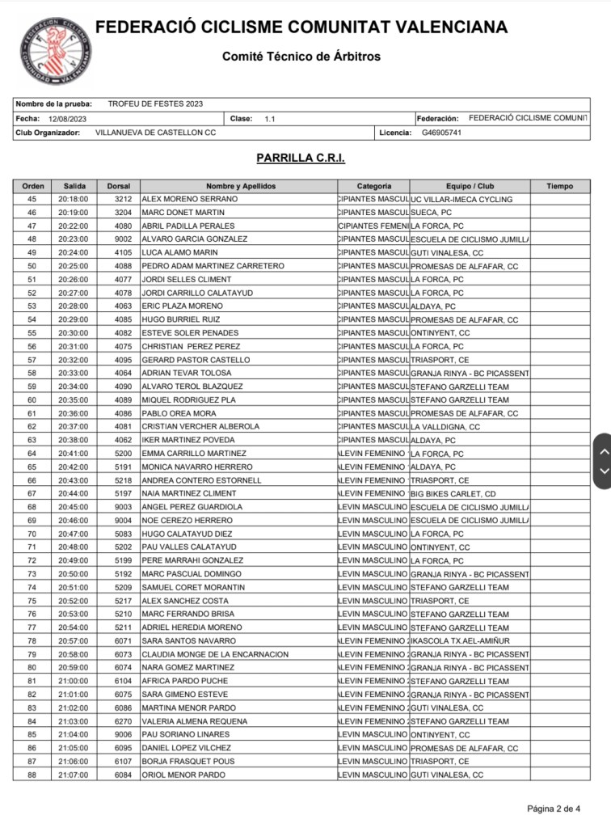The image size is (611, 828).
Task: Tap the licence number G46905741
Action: coord(441,132)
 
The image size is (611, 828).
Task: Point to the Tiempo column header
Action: coord(559,186)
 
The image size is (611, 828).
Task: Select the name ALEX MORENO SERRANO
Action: coord(189,199)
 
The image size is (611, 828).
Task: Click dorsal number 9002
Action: coord(123,239)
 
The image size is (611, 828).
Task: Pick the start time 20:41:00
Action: coord(74,454)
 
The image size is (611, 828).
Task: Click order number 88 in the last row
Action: coord(32,775)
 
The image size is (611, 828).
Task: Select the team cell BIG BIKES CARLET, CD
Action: coord(453,493)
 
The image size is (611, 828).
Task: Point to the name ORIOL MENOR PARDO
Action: coord(183,775)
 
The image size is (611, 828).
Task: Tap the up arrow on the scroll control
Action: coord(601,449)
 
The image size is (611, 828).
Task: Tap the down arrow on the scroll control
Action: coord(601,471)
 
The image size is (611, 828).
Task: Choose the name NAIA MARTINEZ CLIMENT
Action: coord(188,493)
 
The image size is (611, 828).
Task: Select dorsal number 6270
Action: coord(123,721)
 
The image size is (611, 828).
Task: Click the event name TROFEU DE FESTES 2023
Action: coord(155,103)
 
